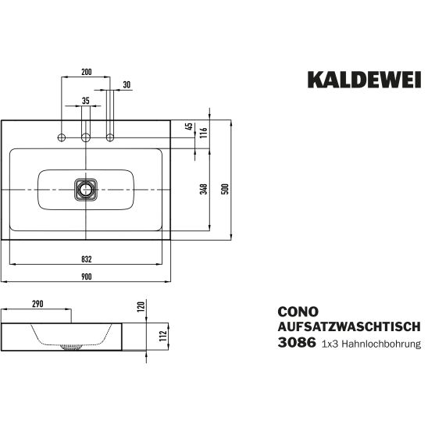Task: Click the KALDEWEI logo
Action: (364, 80)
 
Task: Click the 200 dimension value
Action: (86, 72)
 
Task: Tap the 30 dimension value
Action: (127, 85)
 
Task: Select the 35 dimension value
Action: (86, 101)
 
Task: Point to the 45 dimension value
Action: (189, 127)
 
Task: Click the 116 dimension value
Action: (204, 133)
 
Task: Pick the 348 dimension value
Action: (204, 189)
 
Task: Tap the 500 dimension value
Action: (225, 189)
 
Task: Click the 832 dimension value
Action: (87, 259)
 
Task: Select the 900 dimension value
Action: (86, 276)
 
